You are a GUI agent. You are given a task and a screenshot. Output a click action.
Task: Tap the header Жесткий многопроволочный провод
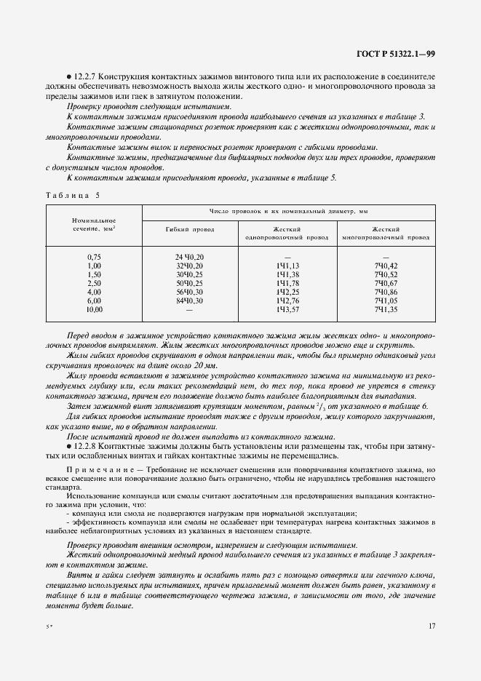click(x=386, y=232)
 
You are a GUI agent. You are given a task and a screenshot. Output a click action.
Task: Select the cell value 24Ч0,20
click(x=189, y=257)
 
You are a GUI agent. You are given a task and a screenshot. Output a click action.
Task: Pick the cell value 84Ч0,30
click(x=189, y=300)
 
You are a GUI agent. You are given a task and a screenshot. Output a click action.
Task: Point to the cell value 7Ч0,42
click(x=386, y=266)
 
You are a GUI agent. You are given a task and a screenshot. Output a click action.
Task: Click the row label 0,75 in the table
click(x=95, y=257)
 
